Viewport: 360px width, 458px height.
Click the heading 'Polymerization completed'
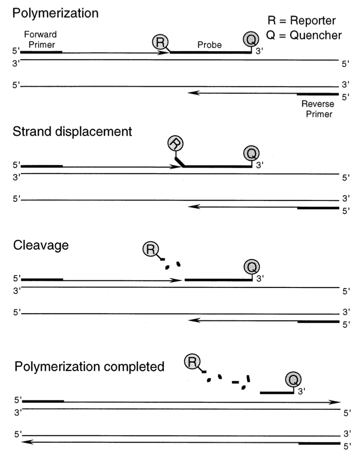[89, 367]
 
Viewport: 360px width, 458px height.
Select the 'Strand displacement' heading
[72, 132]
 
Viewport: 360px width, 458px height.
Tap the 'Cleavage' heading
[41, 245]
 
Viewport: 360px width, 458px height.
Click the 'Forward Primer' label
[40, 39]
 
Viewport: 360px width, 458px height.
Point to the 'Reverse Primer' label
[318, 109]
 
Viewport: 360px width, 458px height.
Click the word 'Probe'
[209, 45]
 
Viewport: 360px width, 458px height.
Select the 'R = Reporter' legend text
[302, 20]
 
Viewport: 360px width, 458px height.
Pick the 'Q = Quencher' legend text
[304, 35]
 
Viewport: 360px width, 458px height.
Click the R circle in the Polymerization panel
[160, 42]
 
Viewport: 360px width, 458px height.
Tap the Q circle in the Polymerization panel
[251, 39]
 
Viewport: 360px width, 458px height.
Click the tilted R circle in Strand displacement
[175, 143]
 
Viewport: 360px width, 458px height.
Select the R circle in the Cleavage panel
[151, 249]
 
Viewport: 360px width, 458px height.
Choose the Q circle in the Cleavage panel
[252, 266]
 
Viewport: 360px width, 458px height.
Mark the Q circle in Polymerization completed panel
[293, 380]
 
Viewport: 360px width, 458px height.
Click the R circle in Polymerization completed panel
[192, 362]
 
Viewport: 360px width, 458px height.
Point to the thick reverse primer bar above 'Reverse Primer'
[318, 94]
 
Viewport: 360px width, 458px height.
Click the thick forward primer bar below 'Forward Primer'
[41, 52]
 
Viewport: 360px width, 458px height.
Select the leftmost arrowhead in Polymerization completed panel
[27, 442]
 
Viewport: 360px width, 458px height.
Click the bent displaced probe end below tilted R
[179, 162]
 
